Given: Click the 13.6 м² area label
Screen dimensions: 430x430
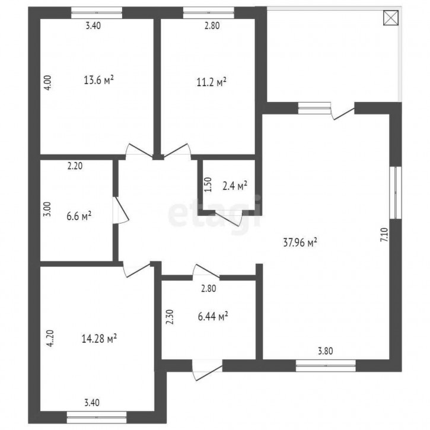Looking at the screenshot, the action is (98, 80).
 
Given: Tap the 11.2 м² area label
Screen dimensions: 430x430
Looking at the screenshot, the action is (211, 82).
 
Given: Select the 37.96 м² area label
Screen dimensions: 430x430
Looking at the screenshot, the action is (300, 243).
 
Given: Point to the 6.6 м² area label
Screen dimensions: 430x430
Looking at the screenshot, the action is (79, 216).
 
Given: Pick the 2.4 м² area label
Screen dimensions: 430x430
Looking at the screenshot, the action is (235, 186).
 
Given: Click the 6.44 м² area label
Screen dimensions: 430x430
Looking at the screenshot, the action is (213, 316).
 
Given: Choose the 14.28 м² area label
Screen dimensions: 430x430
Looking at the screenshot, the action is (99, 339).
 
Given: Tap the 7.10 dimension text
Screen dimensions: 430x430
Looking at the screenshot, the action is (384, 235).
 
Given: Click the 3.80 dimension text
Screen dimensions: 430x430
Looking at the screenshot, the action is (326, 351).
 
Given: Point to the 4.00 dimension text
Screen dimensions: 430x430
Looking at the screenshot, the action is (47, 83).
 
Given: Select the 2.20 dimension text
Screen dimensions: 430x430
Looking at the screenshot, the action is (75, 166).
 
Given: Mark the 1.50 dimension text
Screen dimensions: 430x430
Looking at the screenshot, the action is (208, 184).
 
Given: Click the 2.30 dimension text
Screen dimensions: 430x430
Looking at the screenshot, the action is (170, 317).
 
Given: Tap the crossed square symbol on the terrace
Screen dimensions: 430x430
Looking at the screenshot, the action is (391, 18).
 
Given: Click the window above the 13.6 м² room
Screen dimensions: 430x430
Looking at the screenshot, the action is (97, 12).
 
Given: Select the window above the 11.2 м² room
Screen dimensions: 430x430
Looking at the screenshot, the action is (209, 12).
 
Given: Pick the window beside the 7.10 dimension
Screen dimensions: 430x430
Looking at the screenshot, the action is (396, 193).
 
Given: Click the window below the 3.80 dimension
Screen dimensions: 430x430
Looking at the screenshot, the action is (326, 365).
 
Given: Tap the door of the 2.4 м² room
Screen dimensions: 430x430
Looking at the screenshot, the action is (230, 218).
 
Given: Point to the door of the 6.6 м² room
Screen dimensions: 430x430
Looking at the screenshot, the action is (120, 211).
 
